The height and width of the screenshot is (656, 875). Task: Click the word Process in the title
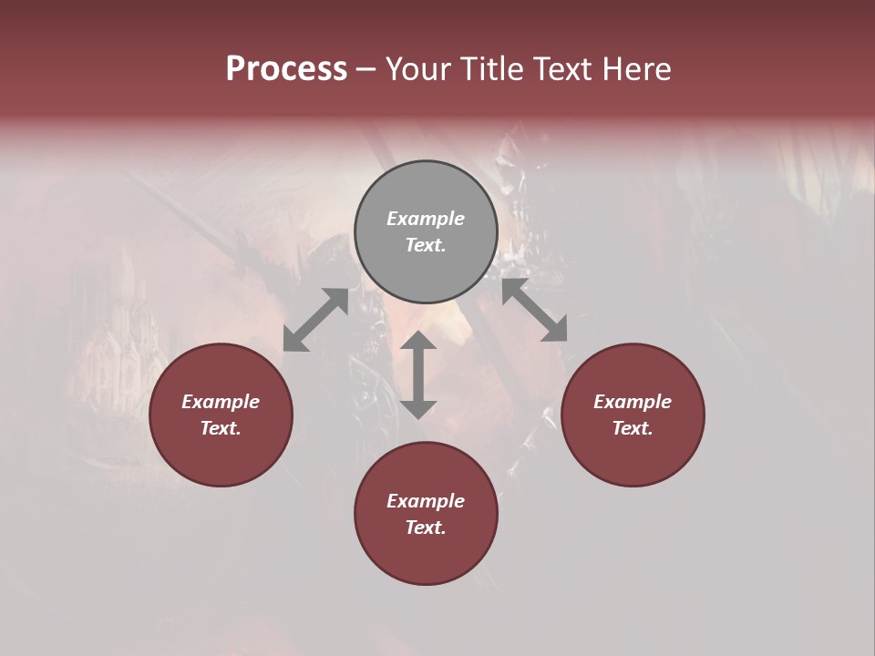tap(286, 69)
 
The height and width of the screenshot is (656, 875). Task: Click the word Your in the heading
tap(419, 69)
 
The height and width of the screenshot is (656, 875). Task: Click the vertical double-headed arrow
tap(418, 375)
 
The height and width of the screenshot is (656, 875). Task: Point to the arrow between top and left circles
tap(315, 320)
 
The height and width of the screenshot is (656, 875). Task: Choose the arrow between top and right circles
tap(534, 310)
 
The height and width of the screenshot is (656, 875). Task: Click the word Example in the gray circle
tap(426, 219)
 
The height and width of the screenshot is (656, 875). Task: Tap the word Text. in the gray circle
tap(426, 245)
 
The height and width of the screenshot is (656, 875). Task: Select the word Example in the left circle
tap(221, 402)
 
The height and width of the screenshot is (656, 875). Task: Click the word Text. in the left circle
tap(221, 428)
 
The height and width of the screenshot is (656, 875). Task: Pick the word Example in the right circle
tap(633, 402)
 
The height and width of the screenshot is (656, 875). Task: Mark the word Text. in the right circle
tap(633, 428)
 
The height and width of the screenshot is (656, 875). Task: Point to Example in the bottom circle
tap(426, 501)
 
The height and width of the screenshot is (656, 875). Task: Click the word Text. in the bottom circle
tap(426, 528)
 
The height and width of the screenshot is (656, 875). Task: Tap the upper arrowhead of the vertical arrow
tap(418, 341)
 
